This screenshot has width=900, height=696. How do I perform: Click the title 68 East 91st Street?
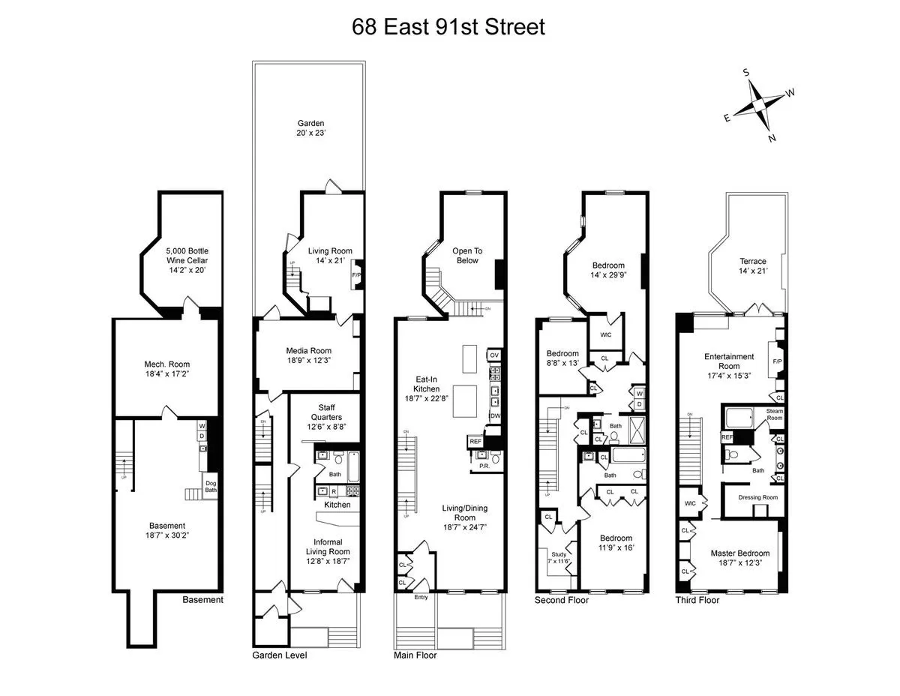tap(448, 28)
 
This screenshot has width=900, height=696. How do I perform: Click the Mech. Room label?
tap(165, 370)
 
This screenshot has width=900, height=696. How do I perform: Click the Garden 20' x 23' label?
tap(308, 129)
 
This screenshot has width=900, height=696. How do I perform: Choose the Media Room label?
tap(308, 355)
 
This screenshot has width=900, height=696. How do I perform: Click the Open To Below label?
tap(466, 256)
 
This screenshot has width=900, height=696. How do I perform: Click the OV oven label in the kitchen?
tap(493, 355)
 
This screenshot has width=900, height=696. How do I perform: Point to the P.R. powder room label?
tap(484, 466)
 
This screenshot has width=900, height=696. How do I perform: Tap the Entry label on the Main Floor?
tap(421, 598)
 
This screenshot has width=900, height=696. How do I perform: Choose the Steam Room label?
tap(774, 414)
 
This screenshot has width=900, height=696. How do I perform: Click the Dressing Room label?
tap(757, 497)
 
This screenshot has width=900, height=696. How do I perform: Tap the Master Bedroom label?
tap(739, 558)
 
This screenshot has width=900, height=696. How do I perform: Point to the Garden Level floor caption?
tap(279, 655)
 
